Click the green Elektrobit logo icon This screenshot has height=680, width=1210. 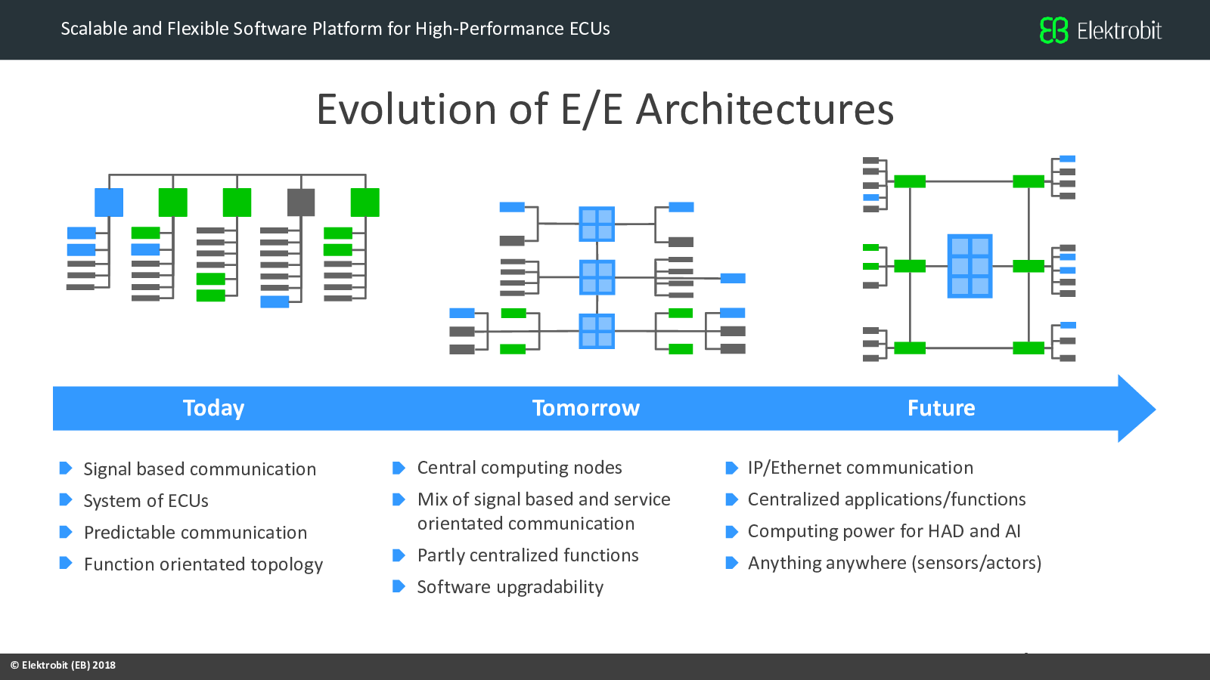point(1054,29)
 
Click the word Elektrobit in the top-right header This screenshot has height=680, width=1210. point(1119,31)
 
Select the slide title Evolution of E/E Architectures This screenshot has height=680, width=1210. point(605,110)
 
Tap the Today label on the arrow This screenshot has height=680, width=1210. point(213,408)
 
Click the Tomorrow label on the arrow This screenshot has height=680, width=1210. point(586,408)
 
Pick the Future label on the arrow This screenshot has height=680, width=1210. point(941,408)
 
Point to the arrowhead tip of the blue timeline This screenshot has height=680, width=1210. point(1156,409)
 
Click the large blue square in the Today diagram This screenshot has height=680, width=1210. point(109,202)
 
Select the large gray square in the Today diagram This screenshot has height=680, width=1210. point(301,202)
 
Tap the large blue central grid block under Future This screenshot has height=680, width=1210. point(970,266)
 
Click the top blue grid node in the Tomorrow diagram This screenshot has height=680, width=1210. point(597,224)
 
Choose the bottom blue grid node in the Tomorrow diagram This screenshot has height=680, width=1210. point(597,331)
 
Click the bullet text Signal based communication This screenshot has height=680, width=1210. point(200,469)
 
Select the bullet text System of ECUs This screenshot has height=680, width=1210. point(146,501)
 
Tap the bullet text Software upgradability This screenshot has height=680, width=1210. point(510,587)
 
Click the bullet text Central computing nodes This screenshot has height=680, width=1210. point(520,468)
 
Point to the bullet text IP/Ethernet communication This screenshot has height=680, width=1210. point(861,468)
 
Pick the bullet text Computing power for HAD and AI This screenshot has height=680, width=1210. point(884,531)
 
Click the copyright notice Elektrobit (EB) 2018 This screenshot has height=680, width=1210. point(64,665)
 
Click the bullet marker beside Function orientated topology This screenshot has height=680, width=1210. point(65,564)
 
